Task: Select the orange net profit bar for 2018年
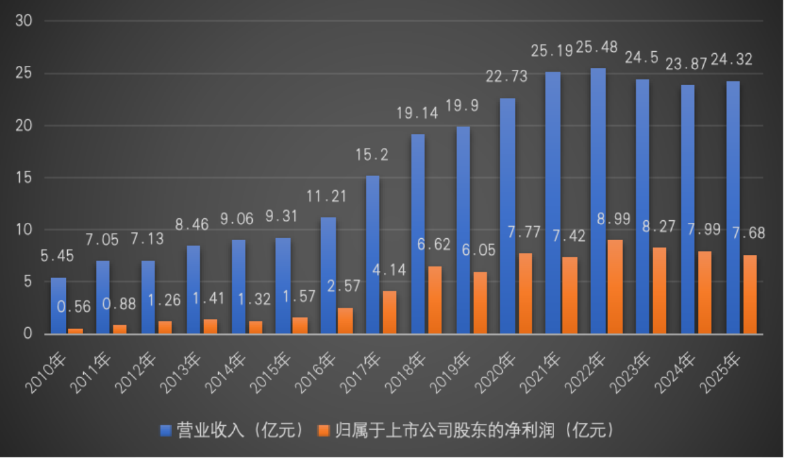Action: click(434, 300)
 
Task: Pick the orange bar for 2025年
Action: click(749, 295)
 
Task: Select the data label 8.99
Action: click(614, 217)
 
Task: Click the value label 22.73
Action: click(506, 77)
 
